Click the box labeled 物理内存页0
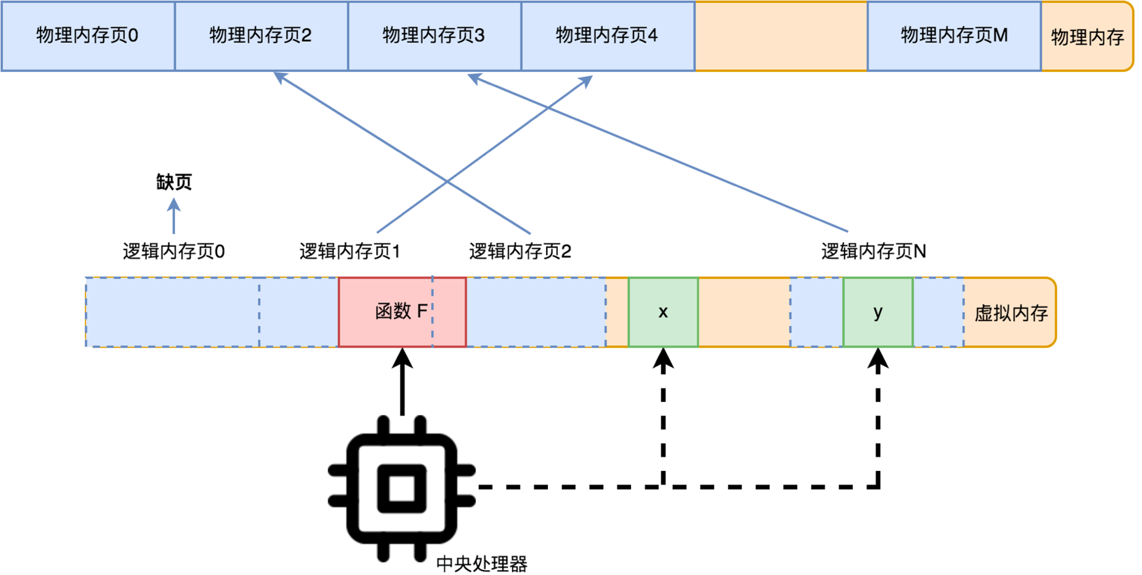(87, 36)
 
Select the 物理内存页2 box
(261, 36)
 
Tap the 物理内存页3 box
(434, 36)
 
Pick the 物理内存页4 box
(607, 36)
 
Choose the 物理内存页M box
(954, 36)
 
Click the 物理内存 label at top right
(1087, 37)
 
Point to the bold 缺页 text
(174, 182)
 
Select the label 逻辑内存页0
(174, 252)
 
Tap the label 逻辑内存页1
(350, 252)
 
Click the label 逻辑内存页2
(520, 252)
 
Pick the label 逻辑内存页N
(873, 252)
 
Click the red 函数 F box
(401, 312)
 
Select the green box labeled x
(663, 312)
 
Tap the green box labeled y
(878, 312)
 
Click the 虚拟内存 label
(1011, 313)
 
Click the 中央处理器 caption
(482, 564)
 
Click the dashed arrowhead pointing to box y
(878, 360)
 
